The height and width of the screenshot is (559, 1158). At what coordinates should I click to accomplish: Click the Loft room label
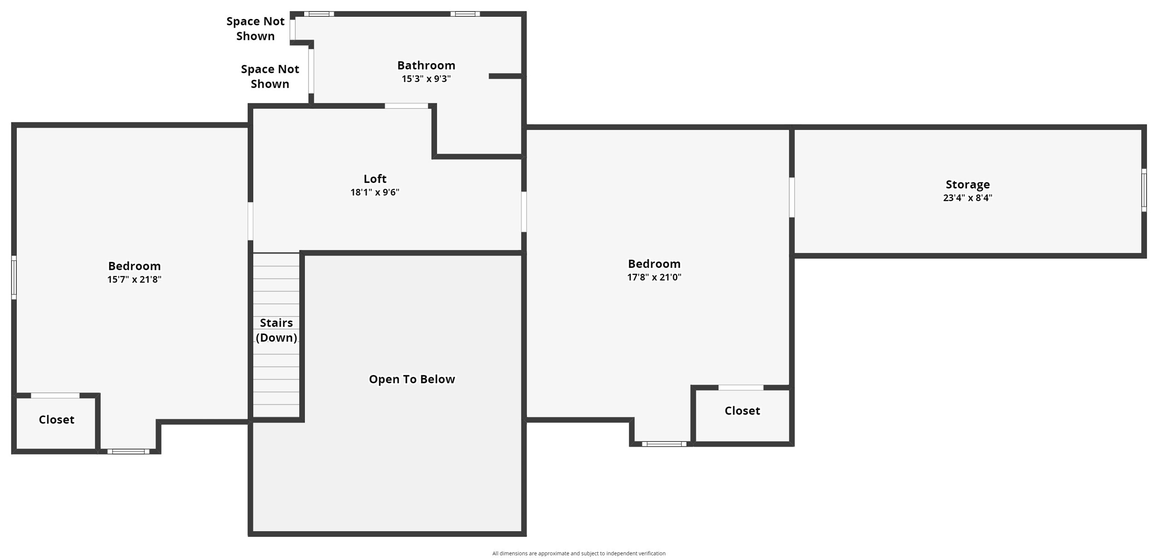[x=375, y=179]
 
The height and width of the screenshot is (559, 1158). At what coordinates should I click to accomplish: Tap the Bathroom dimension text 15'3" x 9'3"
[x=426, y=79]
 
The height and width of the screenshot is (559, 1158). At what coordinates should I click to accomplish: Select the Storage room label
[x=967, y=185]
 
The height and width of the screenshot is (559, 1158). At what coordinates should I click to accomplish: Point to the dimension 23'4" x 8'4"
[x=967, y=198]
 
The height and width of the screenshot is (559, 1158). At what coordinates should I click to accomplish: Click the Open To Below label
[x=412, y=379]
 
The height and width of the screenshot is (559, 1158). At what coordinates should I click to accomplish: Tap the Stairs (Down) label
[x=276, y=330]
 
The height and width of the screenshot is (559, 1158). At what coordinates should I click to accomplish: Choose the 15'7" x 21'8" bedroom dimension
[x=134, y=279]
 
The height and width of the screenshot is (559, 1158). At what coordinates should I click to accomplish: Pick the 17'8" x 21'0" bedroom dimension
[x=654, y=277]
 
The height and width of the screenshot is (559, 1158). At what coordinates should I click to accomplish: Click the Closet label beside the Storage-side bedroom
[x=742, y=411]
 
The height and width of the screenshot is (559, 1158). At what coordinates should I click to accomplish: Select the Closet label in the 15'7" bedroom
[x=56, y=420]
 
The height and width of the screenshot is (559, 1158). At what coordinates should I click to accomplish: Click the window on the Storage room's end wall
[x=1144, y=190]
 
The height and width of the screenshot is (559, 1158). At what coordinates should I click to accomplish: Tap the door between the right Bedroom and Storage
[x=792, y=197]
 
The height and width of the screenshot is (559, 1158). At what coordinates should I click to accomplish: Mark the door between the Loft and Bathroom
[x=406, y=106]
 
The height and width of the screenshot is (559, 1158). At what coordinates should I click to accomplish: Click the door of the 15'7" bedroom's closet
[x=55, y=396]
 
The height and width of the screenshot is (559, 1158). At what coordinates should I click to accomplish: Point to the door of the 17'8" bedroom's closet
[x=741, y=387]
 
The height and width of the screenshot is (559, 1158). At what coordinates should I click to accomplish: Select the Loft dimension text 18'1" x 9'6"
[x=375, y=192]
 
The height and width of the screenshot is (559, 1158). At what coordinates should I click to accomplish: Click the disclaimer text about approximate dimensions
[x=579, y=553]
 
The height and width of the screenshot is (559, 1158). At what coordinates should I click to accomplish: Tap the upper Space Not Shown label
[x=255, y=29]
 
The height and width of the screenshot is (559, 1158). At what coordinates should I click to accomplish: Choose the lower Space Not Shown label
[x=270, y=76]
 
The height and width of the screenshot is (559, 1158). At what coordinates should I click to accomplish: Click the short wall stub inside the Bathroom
[x=505, y=76]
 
